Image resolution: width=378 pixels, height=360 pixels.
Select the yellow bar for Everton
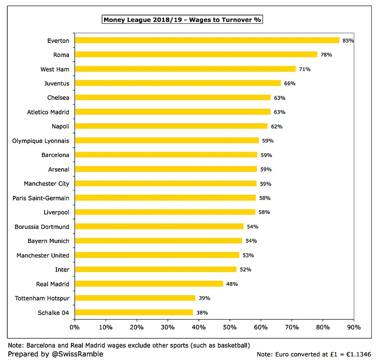[x=207, y=40]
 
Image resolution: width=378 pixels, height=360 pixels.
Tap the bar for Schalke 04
[x=134, y=312]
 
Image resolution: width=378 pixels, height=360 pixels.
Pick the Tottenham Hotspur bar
[x=135, y=298]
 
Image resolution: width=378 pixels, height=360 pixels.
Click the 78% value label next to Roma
[x=326, y=54]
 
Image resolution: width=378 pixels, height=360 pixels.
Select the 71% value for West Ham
[x=304, y=69]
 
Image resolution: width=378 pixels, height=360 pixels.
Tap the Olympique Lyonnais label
[x=41, y=140]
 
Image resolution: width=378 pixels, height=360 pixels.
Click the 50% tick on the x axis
[x=230, y=327]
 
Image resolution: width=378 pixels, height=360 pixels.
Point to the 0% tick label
[x=75, y=327]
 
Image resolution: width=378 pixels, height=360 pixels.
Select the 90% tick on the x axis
[x=354, y=327]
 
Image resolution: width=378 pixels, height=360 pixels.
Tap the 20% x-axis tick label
[x=137, y=327]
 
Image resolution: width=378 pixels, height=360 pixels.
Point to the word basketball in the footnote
[x=228, y=345]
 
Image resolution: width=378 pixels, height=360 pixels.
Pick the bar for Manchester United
[x=157, y=255]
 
